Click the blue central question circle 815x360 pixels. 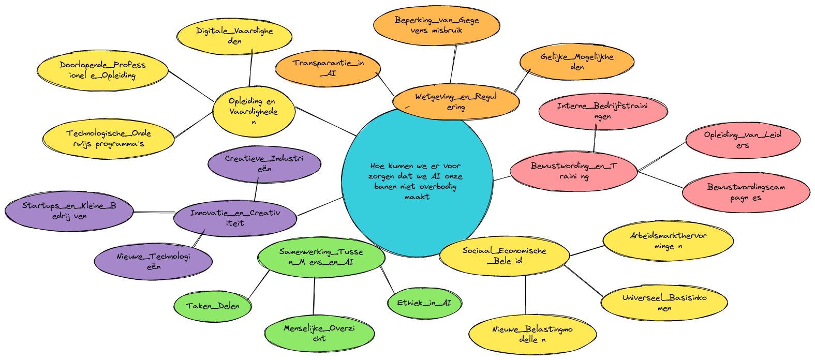coord(417,181)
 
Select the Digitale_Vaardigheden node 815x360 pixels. coord(234,36)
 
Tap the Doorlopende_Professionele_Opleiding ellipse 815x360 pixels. coord(102,70)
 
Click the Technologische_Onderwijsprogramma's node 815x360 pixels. coord(109,139)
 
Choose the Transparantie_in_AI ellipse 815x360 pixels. coord(328,68)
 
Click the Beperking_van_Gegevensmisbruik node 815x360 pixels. coord(437,25)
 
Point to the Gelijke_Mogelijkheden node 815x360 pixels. coord(577,62)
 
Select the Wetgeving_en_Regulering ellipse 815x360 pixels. coord(456,102)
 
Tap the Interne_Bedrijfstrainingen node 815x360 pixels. coord(602,111)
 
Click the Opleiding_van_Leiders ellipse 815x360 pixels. coord(743,140)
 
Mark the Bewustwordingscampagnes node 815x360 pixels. coord(746,192)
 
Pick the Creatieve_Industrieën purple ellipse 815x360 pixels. coord(264,163)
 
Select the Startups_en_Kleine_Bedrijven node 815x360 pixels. coord(69,211)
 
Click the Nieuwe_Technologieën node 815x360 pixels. coord(153,262)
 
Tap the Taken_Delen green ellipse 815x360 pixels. coord(213,306)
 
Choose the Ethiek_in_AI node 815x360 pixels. coord(424,303)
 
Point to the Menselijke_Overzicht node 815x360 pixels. coord(319,333)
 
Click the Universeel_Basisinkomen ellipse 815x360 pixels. coord(664,303)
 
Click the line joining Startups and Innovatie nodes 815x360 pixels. coord(154,212)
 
